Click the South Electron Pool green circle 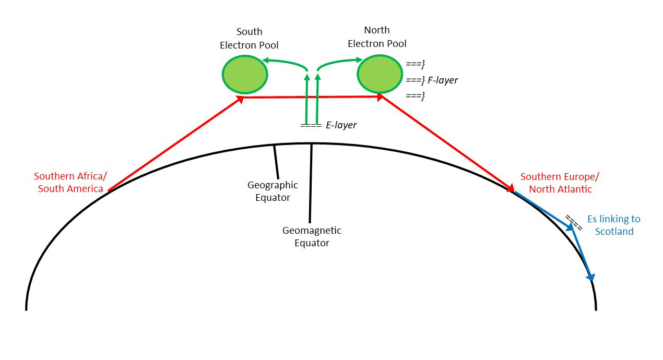coord(245,75)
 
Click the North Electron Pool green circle coord(380,74)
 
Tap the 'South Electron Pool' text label coord(249,39)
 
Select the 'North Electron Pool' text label coord(377,37)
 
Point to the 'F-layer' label coord(442,80)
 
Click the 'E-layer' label coord(341,125)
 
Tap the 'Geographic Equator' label coord(273,191)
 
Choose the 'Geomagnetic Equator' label coord(312,236)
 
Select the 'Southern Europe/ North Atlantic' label coord(560,183)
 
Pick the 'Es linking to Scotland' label coord(614,225)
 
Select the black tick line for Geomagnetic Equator coord(311,183)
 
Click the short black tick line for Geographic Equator coord(276,162)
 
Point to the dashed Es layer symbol coord(575,223)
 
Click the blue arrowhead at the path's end coord(590,275)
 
